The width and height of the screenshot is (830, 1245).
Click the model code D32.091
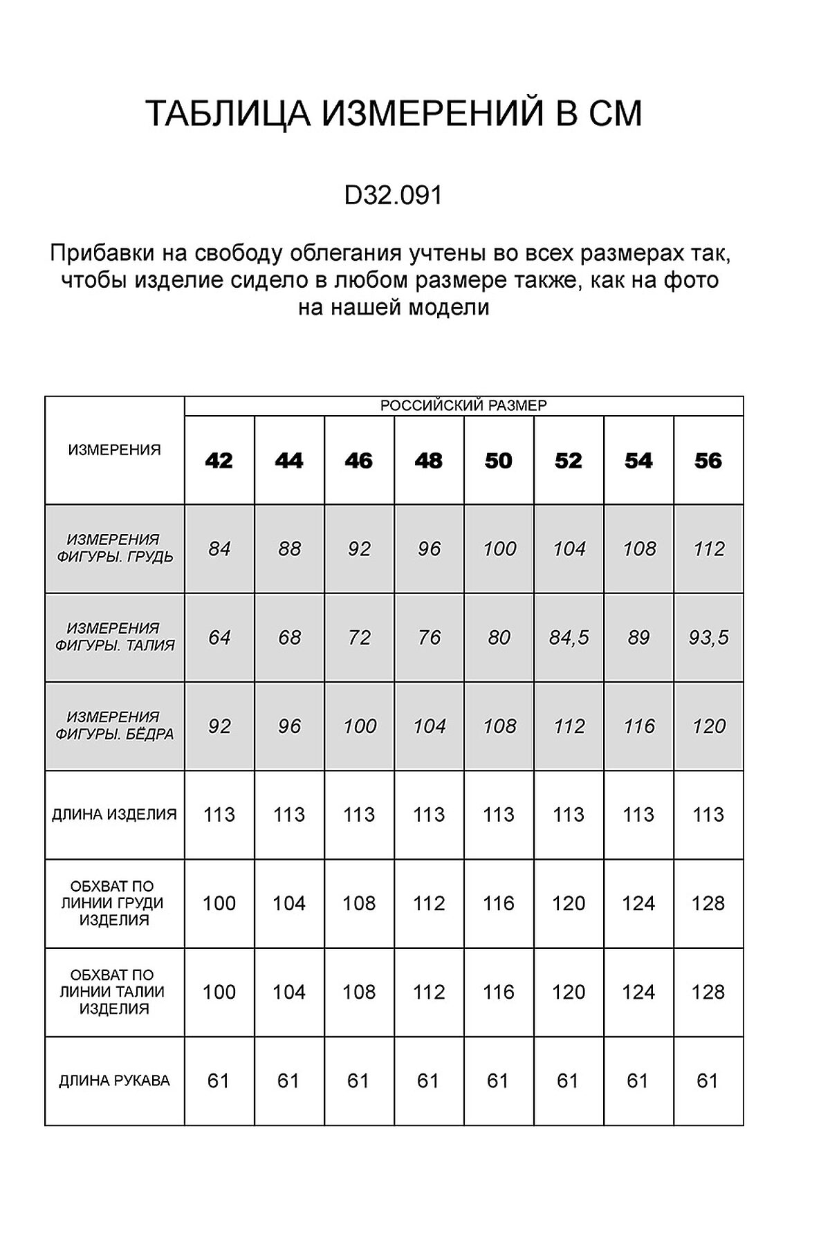393,196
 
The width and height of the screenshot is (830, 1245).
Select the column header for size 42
219,461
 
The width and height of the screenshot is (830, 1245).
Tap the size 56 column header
708,461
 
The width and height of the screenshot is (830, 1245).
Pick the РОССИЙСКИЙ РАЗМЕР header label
463,406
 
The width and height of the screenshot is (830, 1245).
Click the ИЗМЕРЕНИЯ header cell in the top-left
115,450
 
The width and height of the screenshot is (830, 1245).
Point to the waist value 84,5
569,637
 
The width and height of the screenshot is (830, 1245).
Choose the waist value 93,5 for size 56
708,637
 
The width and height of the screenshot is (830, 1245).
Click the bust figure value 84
219,548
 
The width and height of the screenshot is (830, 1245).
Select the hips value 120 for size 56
708,726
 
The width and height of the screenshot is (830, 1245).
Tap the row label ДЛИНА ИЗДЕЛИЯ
115,814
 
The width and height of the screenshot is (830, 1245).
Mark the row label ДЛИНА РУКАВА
115,1080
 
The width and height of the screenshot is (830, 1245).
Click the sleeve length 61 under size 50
498,1080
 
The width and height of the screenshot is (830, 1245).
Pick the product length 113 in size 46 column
359,814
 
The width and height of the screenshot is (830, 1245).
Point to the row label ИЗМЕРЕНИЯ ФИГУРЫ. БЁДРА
115,726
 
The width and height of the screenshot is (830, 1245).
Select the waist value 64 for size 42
219,637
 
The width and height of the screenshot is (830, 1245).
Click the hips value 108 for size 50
499,726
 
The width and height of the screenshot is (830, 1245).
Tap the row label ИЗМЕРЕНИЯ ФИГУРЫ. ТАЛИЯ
115,637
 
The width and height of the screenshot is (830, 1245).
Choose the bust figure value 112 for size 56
708,548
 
